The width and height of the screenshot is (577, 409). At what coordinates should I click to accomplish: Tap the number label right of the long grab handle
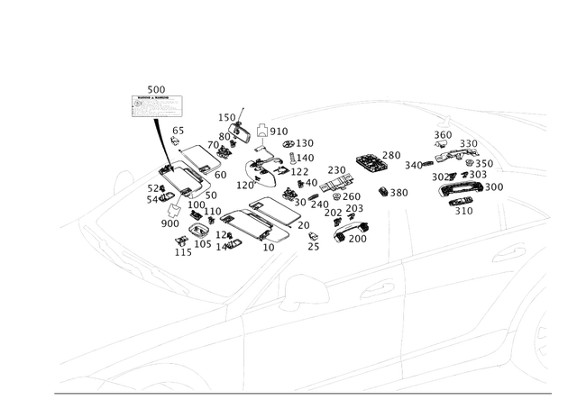[495, 186]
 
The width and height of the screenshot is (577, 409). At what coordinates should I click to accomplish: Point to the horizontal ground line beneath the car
[298, 394]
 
